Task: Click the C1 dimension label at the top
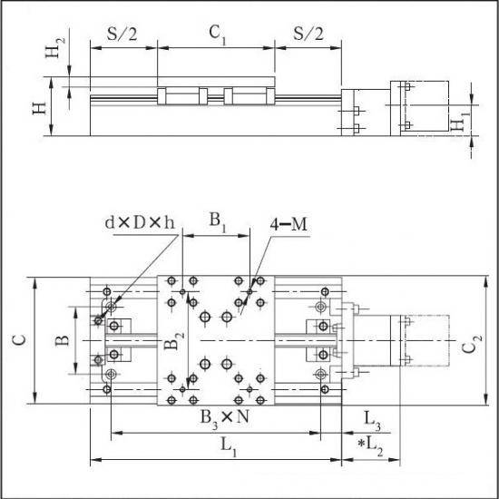(218, 34)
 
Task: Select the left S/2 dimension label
(122, 34)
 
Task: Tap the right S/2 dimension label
(308, 34)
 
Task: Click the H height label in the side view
(40, 109)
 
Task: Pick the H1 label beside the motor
(459, 122)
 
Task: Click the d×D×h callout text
(140, 223)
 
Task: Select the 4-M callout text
(289, 224)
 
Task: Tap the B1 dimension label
(218, 222)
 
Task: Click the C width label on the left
(19, 340)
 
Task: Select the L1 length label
(229, 448)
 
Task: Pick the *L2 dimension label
(370, 447)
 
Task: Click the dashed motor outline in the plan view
(449, 340)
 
